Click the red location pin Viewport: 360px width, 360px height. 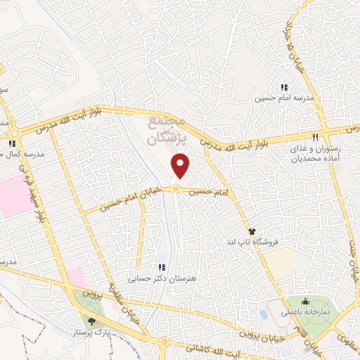[181, 166]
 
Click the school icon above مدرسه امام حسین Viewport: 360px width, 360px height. [284, 88]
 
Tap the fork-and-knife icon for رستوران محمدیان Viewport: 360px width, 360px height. [316, 138]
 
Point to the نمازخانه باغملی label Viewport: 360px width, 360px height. [310, 309]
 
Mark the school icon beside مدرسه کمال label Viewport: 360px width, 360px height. [11, 145]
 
